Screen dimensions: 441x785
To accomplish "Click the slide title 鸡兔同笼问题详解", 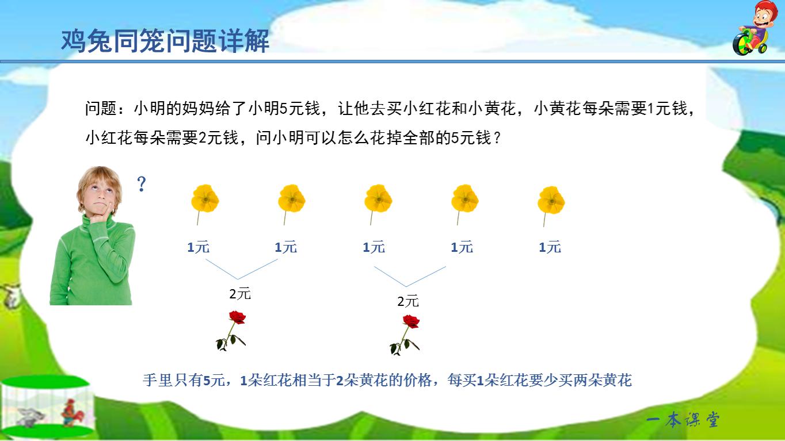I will [x=165, y=41].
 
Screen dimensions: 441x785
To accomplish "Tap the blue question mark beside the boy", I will [x=142, y=185].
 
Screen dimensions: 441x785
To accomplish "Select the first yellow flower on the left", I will [x=205, y=199].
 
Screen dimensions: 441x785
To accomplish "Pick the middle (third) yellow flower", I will [x=378, y=199].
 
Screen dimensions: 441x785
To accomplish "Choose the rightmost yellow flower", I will [x=551, y=200].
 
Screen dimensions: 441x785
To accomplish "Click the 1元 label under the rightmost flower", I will [x=550, y=247].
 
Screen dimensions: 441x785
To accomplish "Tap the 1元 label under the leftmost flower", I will [x=199, y=247].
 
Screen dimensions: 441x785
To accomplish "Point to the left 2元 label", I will [x=240, y=294].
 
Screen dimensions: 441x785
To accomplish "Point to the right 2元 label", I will [x=408, y=301].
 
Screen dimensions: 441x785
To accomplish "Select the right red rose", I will [x=406, y=335].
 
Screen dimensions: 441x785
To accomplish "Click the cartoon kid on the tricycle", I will [x=752, y=29].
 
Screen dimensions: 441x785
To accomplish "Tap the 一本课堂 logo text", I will [x=683, y=420].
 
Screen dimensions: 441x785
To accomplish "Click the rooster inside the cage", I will [x=71, y=412].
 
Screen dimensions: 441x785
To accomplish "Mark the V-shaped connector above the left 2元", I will [x=242, y=270].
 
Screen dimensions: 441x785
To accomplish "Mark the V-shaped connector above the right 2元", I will [x=409, y=277].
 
